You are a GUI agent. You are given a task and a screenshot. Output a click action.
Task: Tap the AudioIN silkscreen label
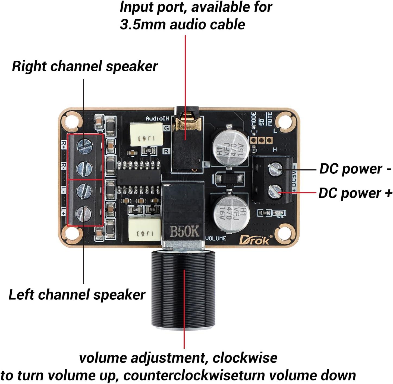pos(157,118)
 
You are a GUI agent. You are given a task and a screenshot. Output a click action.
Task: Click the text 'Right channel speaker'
pos(85,66)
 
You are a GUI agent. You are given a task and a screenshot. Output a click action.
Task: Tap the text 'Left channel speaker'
pos(77,295)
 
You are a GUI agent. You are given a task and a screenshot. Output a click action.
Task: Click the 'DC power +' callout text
pos(355,193)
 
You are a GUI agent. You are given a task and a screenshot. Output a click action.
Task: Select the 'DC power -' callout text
pos(355,169)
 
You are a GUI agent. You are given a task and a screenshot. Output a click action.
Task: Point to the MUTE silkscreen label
pos(270,118)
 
